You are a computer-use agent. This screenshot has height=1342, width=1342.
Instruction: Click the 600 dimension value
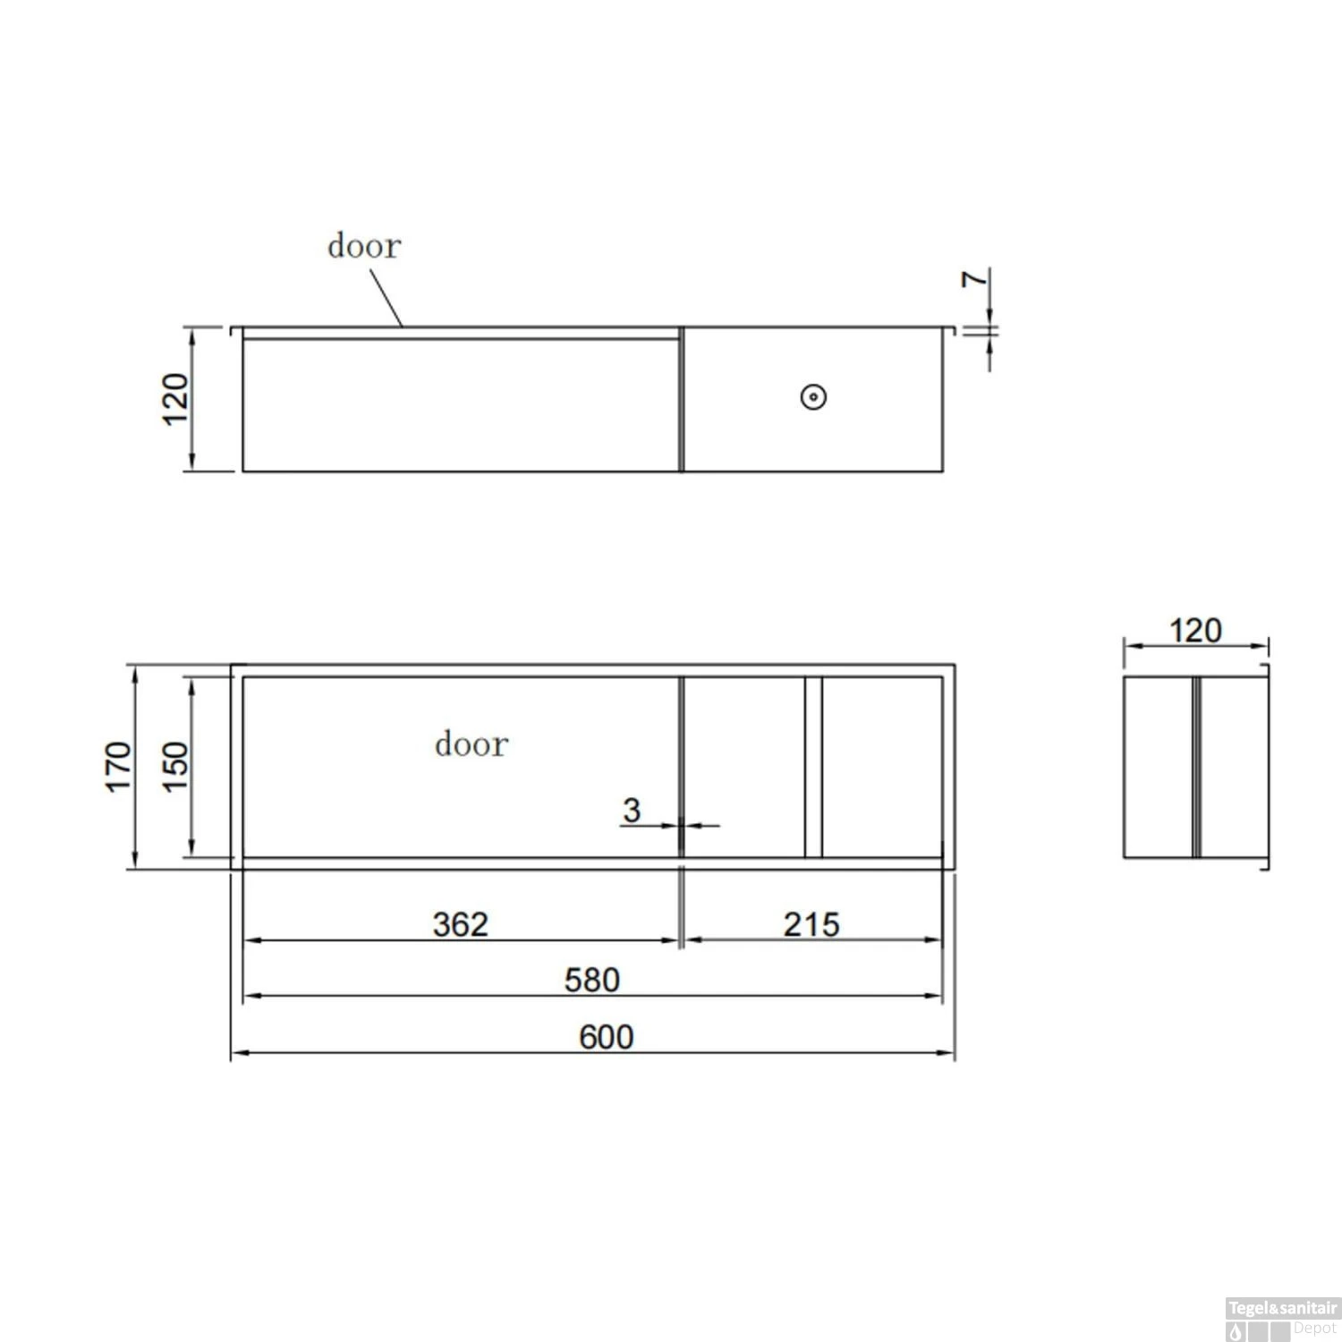click(607, 1037)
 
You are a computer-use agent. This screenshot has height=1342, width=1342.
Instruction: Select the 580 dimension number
click(592, 980)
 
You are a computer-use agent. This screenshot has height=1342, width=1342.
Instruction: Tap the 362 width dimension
click(461, 924)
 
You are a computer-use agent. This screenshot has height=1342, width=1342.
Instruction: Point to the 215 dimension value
click(811, 924)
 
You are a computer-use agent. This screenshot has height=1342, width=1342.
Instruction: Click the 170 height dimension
click(118, 767)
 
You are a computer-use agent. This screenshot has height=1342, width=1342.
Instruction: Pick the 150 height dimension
click(175, 767)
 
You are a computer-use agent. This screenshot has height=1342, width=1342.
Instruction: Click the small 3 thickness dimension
click(632, 810)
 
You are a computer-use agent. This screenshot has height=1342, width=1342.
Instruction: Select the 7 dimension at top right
click(974, 279)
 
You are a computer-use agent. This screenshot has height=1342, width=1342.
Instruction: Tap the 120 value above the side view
click(1195, 631)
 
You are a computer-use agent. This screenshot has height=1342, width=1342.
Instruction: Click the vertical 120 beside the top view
click(175, 399)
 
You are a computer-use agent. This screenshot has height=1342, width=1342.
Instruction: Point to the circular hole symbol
click(813, 397)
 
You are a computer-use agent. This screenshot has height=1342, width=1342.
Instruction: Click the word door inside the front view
click(471, 744)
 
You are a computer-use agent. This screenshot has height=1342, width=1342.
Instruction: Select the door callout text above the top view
click(364, 246)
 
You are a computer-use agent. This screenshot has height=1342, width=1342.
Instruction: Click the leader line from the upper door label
click(386, 298)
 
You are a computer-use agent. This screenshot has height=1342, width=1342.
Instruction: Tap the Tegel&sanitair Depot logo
click(1282, 1319)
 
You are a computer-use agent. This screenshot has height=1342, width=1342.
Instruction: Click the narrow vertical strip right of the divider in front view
click(813, 767)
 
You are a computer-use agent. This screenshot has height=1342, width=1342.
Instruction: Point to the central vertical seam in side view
click(1196, 767)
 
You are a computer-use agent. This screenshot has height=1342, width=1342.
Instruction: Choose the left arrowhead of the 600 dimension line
click(236, 1053)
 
